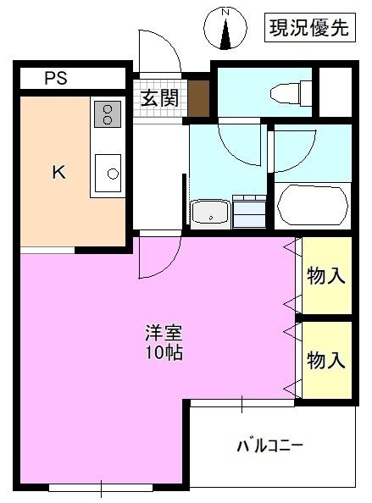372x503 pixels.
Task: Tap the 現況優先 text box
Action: pos(308,28)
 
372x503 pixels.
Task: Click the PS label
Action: pos(56,80)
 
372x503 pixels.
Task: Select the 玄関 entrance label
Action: pos(158,98)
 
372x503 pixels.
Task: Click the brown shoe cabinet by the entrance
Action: pos(198,98)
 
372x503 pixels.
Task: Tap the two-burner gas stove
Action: pos(107,113)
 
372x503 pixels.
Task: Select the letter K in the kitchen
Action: pos(58,173)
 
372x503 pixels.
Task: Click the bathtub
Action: pos(312,205)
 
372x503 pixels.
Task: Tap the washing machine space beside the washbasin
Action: pos(248,211)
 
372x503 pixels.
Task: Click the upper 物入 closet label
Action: pos(326,276)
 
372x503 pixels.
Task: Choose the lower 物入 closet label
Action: pos(326,360)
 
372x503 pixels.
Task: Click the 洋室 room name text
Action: pos(163,333)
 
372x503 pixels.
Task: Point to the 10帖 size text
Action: pos(163,352)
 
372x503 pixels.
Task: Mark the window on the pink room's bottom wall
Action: pos(102,487)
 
